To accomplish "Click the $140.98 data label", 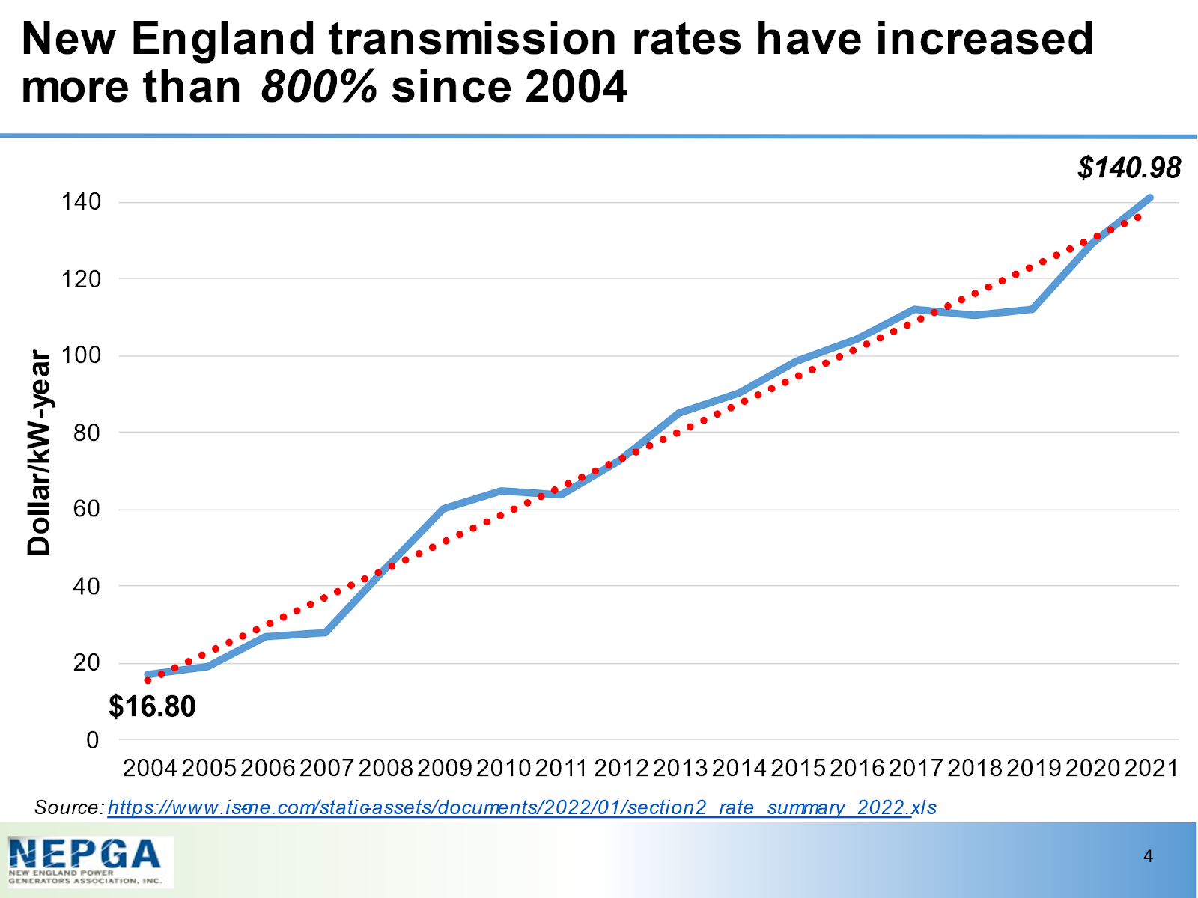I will tap(1129, 168).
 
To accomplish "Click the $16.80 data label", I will tap(152, 706).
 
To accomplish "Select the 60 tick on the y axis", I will tap(87, 509).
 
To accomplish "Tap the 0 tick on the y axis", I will tap(93, 740).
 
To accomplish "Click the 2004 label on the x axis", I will tap(150, 768).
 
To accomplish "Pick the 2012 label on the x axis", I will tap(621, 768).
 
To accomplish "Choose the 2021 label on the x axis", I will tap(1152, 768).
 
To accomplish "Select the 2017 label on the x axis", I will tap(916, 768).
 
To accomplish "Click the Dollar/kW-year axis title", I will tap(39, 453).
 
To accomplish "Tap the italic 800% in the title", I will tap(319, 87).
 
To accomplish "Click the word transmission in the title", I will tap(472, 39).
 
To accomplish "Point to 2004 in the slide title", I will tap(576, 87).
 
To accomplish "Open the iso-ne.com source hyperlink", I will tap(522, 808).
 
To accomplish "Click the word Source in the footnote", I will tap(67, 808).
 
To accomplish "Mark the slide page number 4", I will tap(1149, 856).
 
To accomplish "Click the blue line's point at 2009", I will tap(443, 509).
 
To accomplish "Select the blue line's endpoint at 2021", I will tap(1150, 198).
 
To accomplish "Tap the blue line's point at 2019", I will tap(1033, 309).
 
